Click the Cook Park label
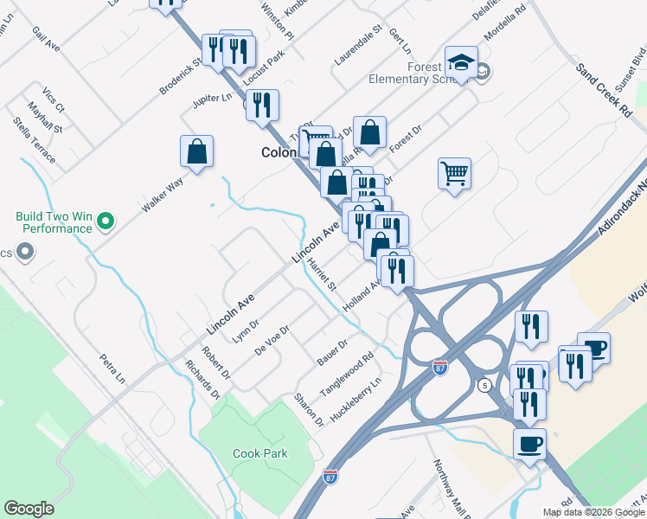click(x=259, y=453)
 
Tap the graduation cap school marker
click(x=461, y=62)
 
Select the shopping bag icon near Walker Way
click(x=197, y=151)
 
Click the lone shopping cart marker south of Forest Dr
click(x=454, y=174)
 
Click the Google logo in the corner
click(x=29, y=509)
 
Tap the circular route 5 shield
click(x=484, y=385)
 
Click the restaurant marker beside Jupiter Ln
click(x=262, y=106)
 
